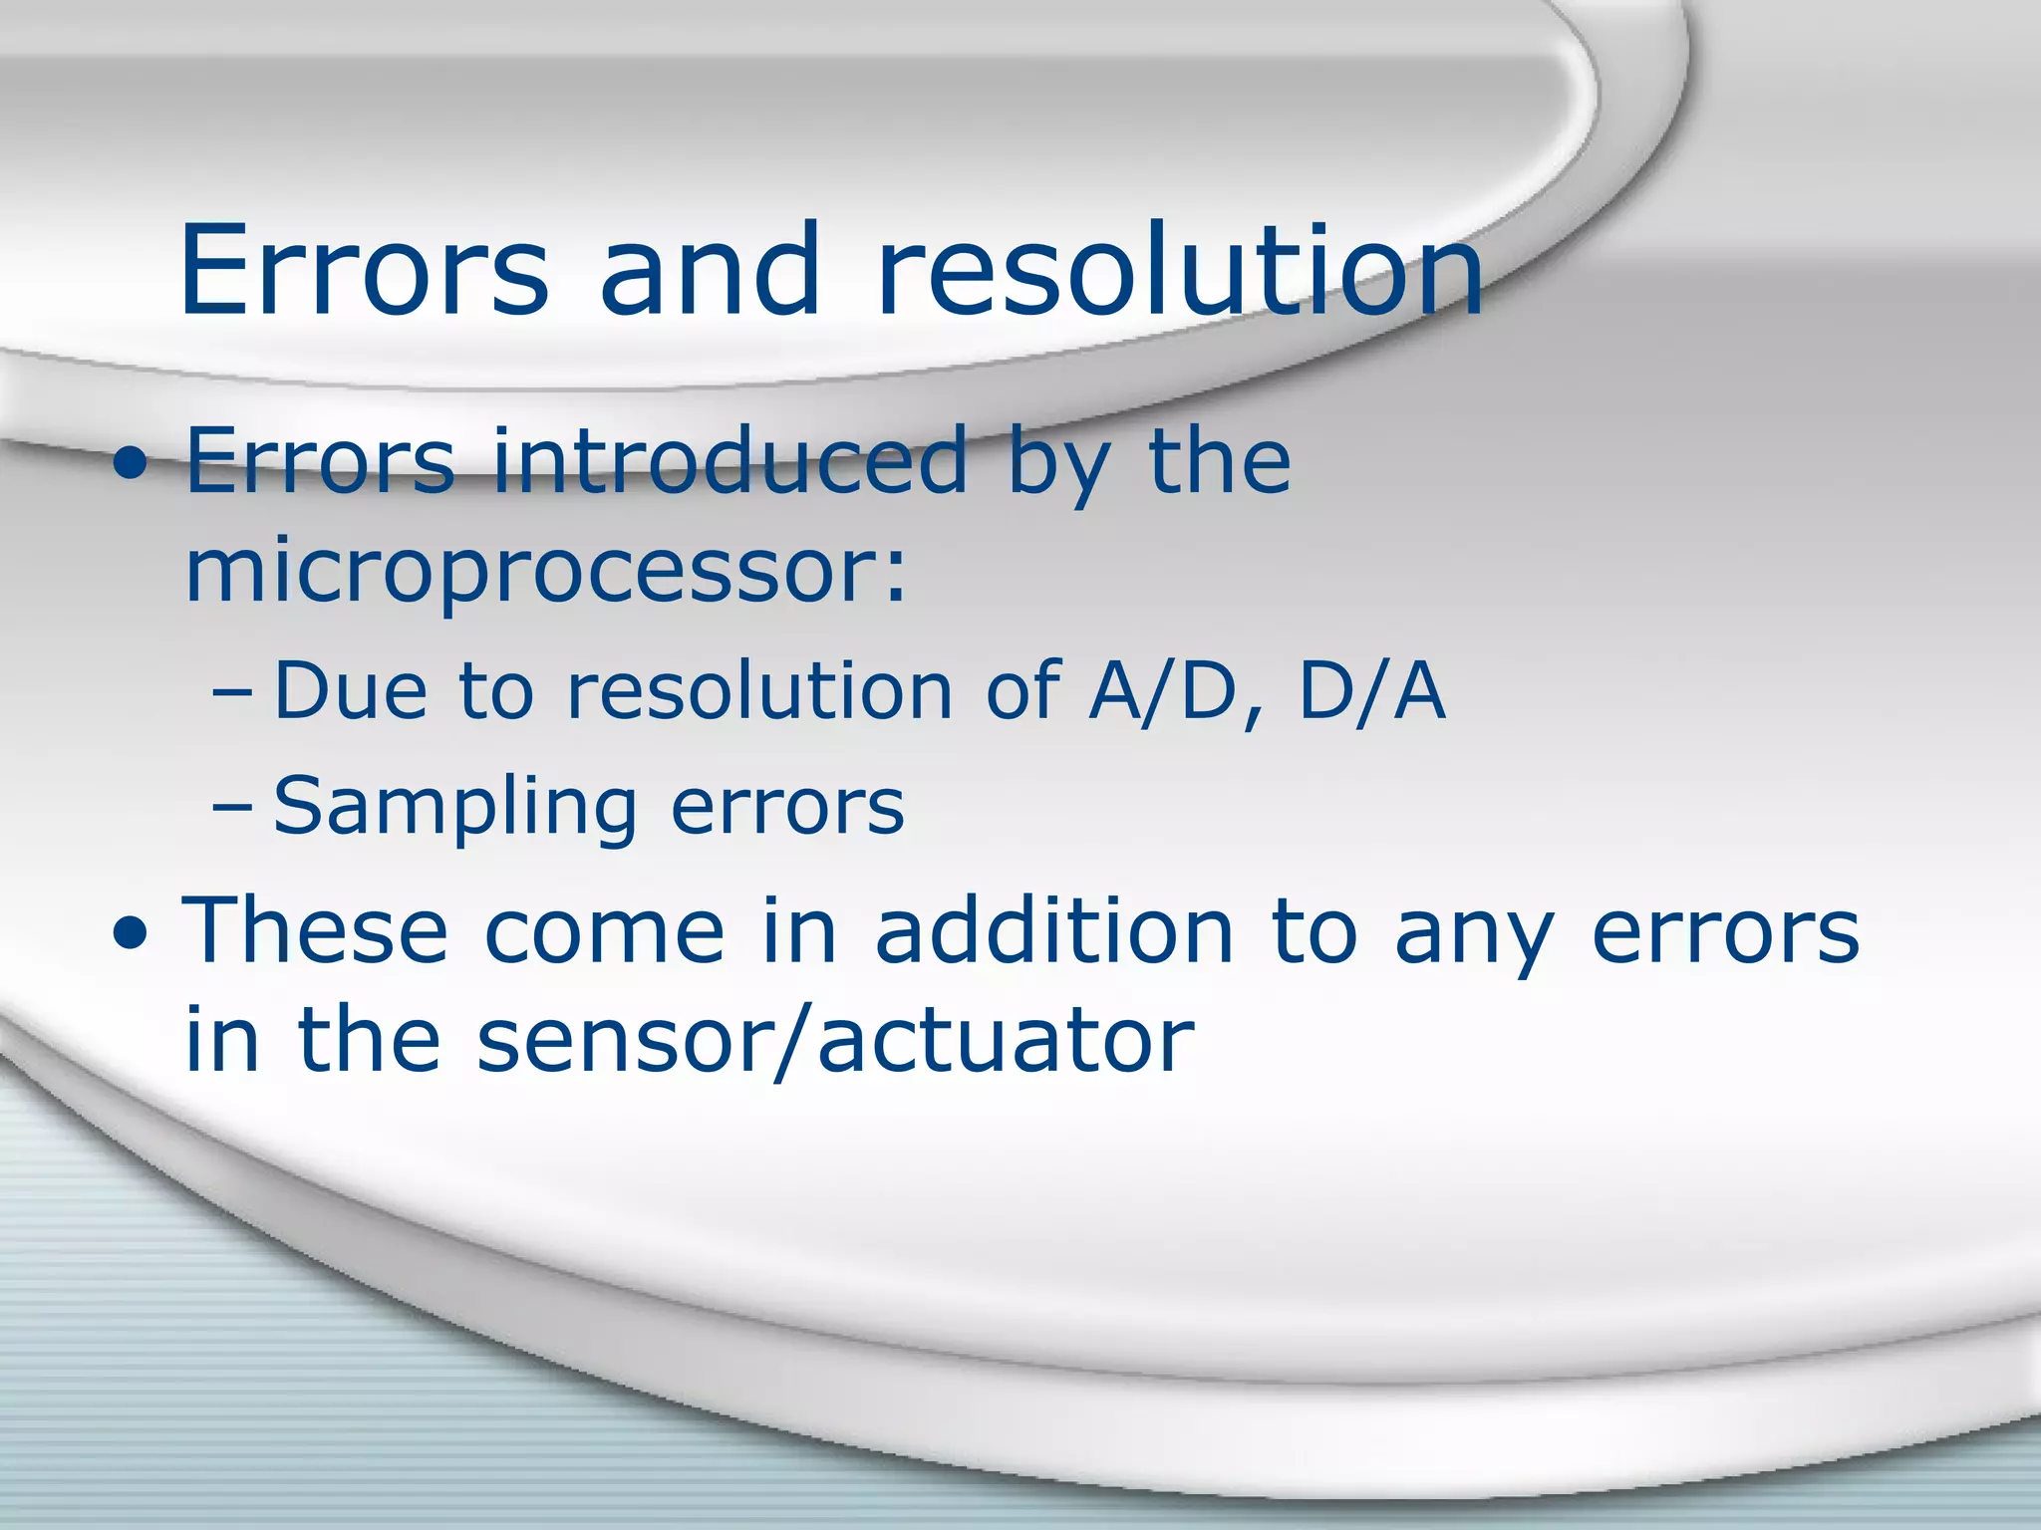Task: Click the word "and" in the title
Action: tap(710, 269)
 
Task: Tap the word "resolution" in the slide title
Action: tap(1180, 269)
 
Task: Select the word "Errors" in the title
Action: tap(364, 269)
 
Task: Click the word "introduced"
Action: tap(730, 460)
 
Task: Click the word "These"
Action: tap(315, 930)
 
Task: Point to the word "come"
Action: tap(605, 932)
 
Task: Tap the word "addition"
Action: tap(1054, 930)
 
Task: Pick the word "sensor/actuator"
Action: tap(835, 1041)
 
